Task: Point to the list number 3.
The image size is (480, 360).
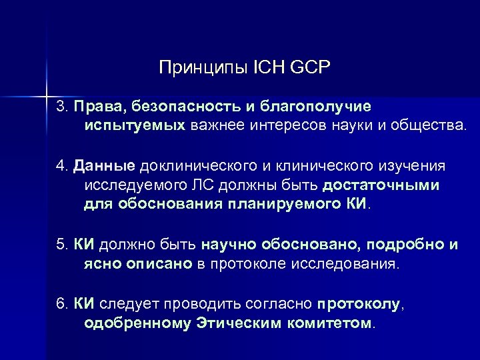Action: point(61,106)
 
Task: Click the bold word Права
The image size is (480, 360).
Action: point(97,106)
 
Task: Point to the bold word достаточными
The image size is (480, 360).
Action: point(383,183)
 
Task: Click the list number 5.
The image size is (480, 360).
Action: point(61,245)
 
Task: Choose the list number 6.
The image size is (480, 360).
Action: point(61,305)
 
